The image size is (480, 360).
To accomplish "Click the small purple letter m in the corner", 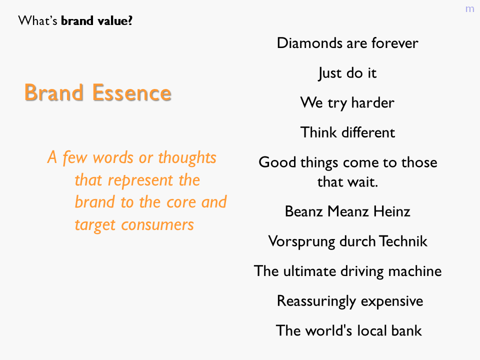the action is coord(469,9).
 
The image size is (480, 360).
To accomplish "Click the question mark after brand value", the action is coord(130,20).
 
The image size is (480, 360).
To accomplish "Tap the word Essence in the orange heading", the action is coord(131,92).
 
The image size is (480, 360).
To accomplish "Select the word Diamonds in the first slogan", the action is coord(309,43).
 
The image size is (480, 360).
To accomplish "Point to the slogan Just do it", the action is coord(347,73).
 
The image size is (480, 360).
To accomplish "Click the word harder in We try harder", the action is coord(372,102).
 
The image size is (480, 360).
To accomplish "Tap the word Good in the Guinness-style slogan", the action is coord(277,162).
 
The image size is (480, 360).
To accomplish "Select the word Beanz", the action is coord(303,211).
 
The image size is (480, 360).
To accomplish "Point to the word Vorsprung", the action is coord(302,241).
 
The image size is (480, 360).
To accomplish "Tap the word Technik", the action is coord(403,241).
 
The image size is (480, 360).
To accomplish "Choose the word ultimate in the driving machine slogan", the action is coord(310,271).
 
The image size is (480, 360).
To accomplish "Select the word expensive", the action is coord(392,301).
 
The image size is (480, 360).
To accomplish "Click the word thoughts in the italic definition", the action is coord(187,158).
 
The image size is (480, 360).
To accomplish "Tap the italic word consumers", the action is coord(157,225).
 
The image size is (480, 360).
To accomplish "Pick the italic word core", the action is coord(181,202).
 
